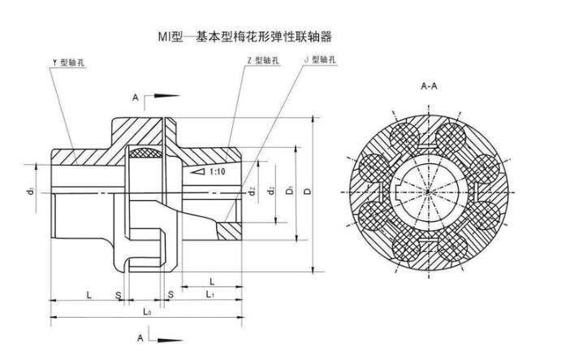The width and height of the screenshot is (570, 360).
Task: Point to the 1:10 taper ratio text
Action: click(217, 172)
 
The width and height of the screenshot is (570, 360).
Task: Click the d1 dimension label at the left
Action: click(30, 193)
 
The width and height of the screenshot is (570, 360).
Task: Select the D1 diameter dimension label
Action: click(291, 193)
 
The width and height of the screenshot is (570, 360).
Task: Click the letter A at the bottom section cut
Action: click(140, 336)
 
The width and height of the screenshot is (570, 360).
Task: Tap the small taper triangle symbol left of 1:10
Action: click(196, 173)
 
